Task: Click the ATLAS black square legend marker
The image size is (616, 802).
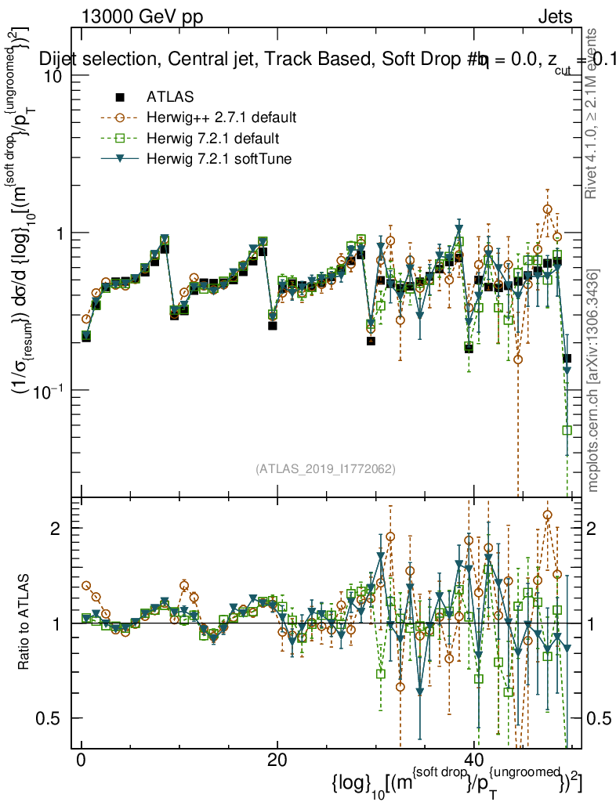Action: click(120, 97)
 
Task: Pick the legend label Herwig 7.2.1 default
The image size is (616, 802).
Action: click(212, 139)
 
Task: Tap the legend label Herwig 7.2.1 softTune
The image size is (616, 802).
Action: click(216, 160)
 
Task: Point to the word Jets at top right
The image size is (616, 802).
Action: click(555, 16)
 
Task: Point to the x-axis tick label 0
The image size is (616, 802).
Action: click(81, 760)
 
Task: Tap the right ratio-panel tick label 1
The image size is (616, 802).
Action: click(595, 623)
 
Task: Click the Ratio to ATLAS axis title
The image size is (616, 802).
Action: click(26, 623)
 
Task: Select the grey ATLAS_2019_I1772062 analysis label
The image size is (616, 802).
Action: click(325, 469)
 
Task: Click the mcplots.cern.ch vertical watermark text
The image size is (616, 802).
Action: click(593, 381)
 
